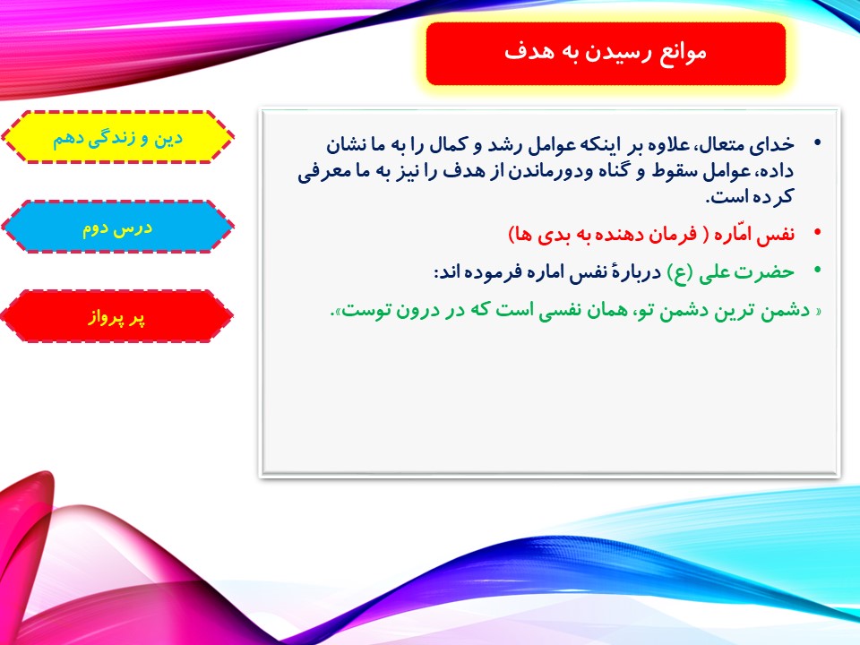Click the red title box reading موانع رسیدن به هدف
coord(606,54)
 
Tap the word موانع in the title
coord(683,53)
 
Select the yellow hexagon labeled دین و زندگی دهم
coord(117,137)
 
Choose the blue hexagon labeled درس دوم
coord(117,227)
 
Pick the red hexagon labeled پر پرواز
coord(117,316)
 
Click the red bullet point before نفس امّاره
coord(817,233)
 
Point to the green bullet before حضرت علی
coord(817,270)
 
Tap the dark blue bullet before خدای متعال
coord(817,143)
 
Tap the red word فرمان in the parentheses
coord(672,235)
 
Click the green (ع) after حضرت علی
coord(680,272)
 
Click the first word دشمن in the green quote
coord(784,311)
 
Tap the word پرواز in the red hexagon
coord(102,318)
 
